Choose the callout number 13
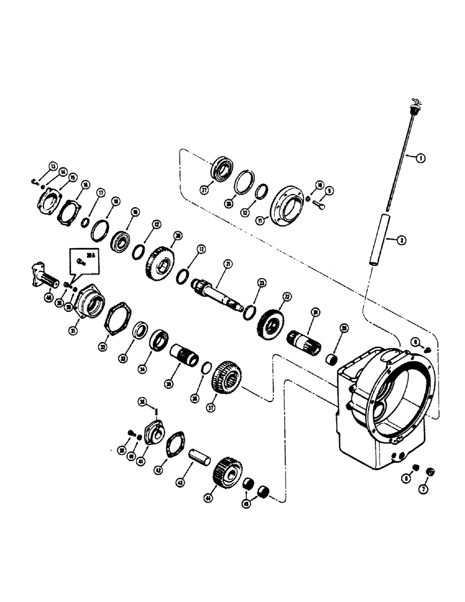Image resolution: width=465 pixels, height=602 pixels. [x=52, y=167]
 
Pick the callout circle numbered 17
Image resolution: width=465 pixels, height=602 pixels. [x=101, y=193]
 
